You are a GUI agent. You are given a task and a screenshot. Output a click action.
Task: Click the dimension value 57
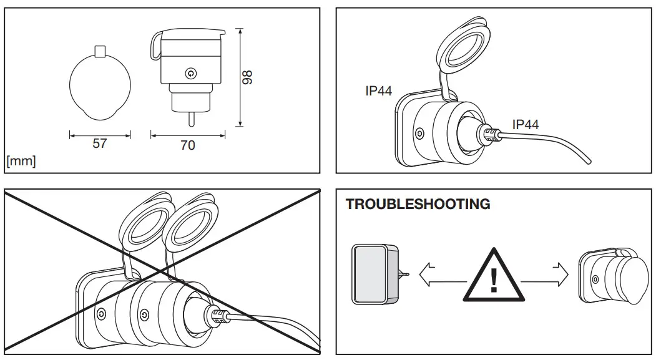tap(100, 144)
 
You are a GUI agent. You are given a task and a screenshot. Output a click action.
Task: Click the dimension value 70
tap(187, 145)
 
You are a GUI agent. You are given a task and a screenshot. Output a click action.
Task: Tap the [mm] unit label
tap(21, 161)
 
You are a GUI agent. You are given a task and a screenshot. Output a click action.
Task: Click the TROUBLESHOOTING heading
tap(418, 205)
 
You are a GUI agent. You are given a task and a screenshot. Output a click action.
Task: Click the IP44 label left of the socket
tap(378, 91)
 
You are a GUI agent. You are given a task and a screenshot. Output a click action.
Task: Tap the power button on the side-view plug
tap(190, 74)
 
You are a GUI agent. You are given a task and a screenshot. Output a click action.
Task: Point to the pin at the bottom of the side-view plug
tap(190, 118)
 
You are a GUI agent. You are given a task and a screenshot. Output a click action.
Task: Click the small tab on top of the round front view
tap(100, 50)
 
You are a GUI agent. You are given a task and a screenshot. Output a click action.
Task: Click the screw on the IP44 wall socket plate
tap(419, 134)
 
